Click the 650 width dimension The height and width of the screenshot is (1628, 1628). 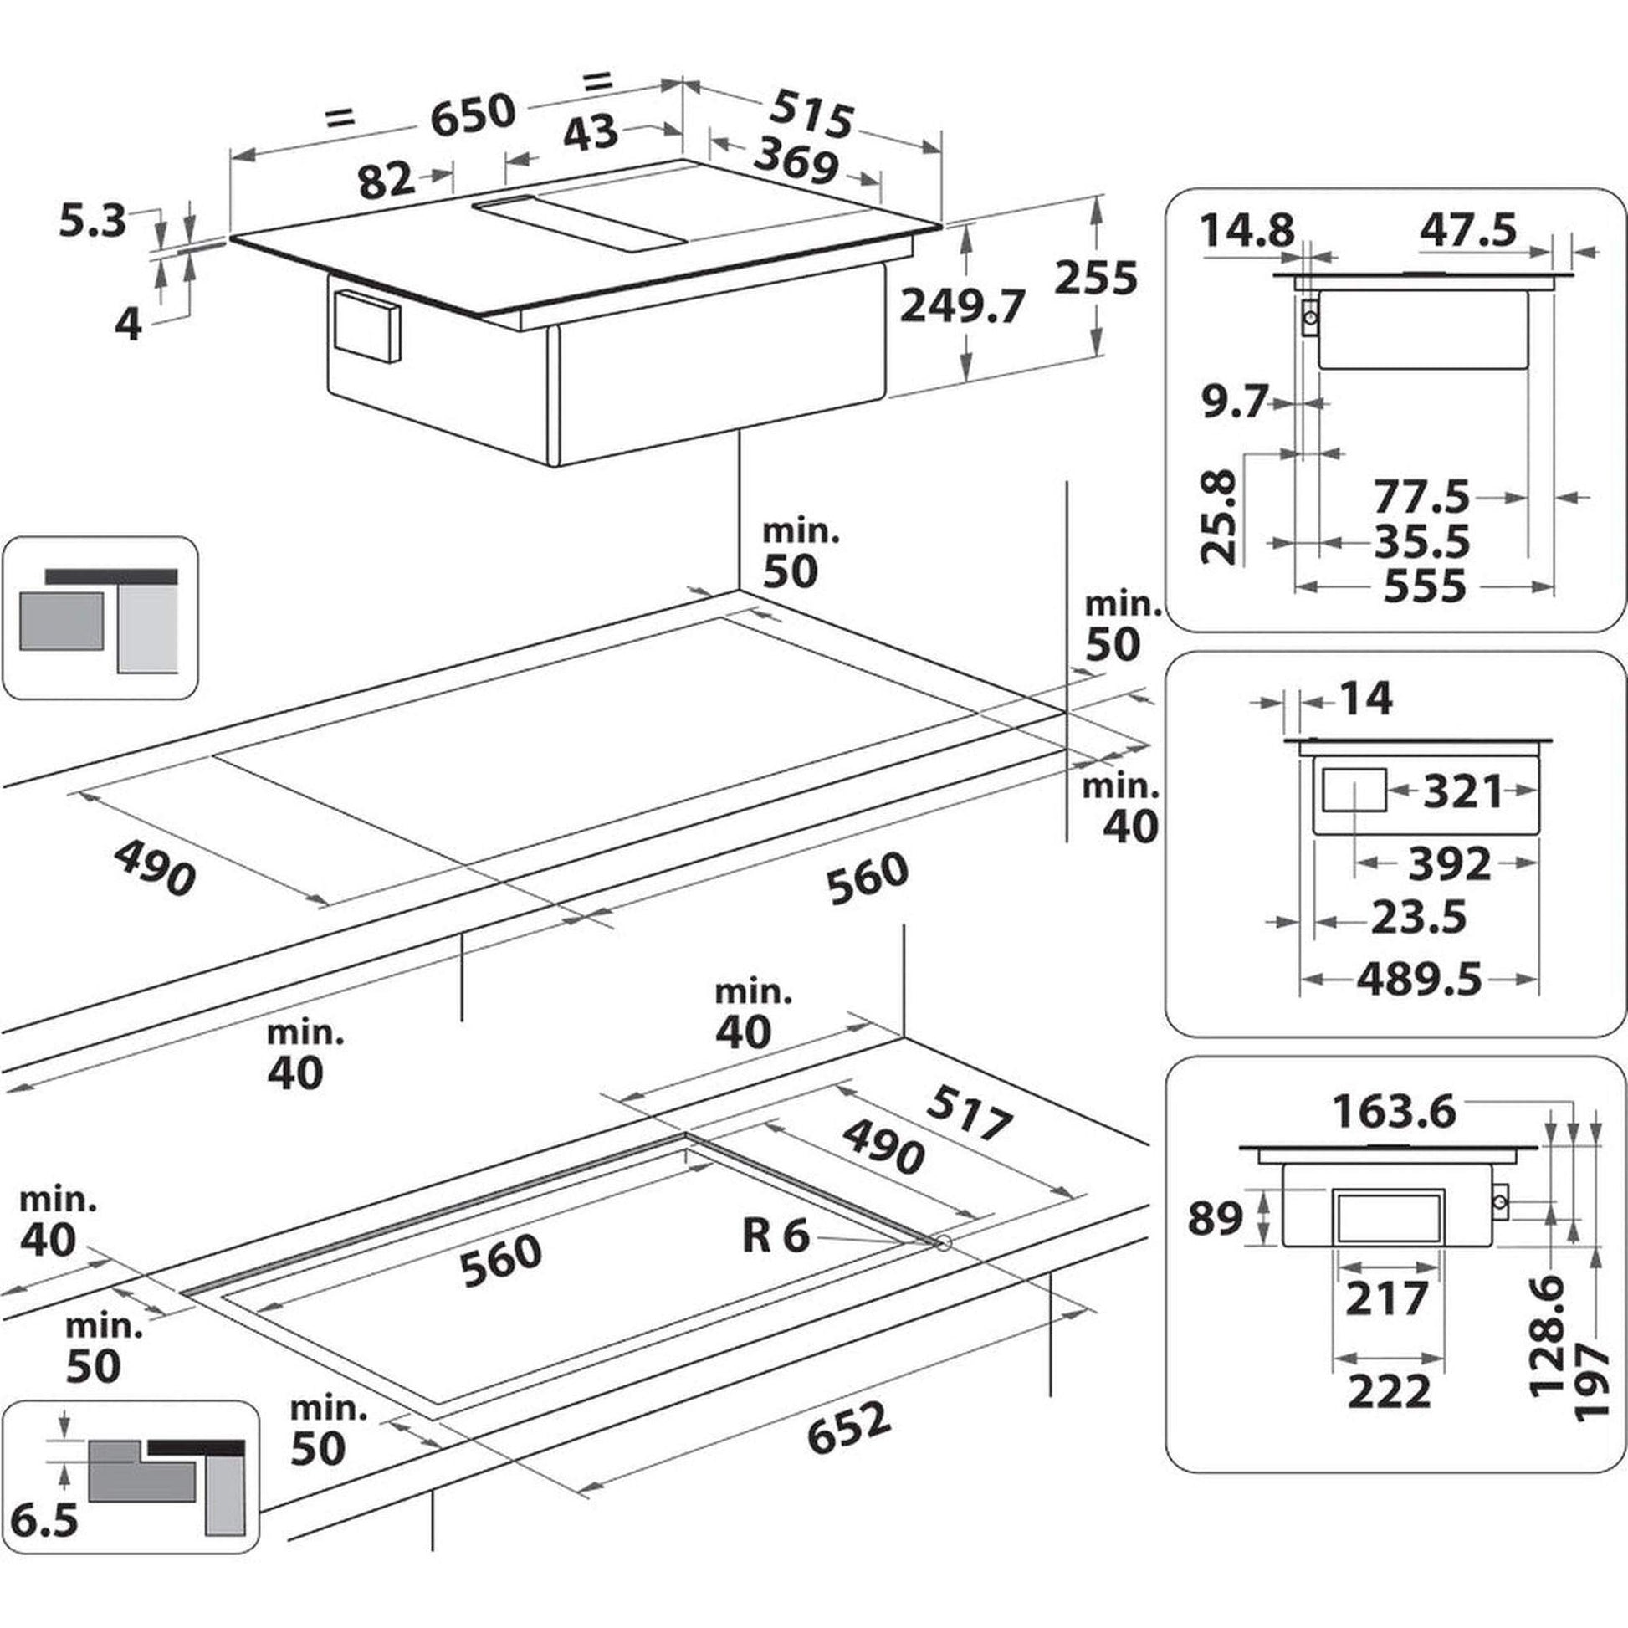click(472, 114)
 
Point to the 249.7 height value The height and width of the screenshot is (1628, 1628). click(962, 306)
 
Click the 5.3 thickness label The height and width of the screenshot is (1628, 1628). click(93, 222)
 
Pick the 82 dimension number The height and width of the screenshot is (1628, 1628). click(386, 180)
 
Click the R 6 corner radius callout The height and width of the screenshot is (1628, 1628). click(776, 1236)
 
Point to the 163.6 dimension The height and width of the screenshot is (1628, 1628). click(1394, 1112)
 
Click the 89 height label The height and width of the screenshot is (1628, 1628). click(1215, 1218)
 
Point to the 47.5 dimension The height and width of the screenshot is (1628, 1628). click(1468, 229)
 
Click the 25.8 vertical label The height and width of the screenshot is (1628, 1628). click(1219, 517)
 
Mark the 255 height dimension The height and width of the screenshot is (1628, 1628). click(1095, 277)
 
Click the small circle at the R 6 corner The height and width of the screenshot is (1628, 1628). click(943, 1242)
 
